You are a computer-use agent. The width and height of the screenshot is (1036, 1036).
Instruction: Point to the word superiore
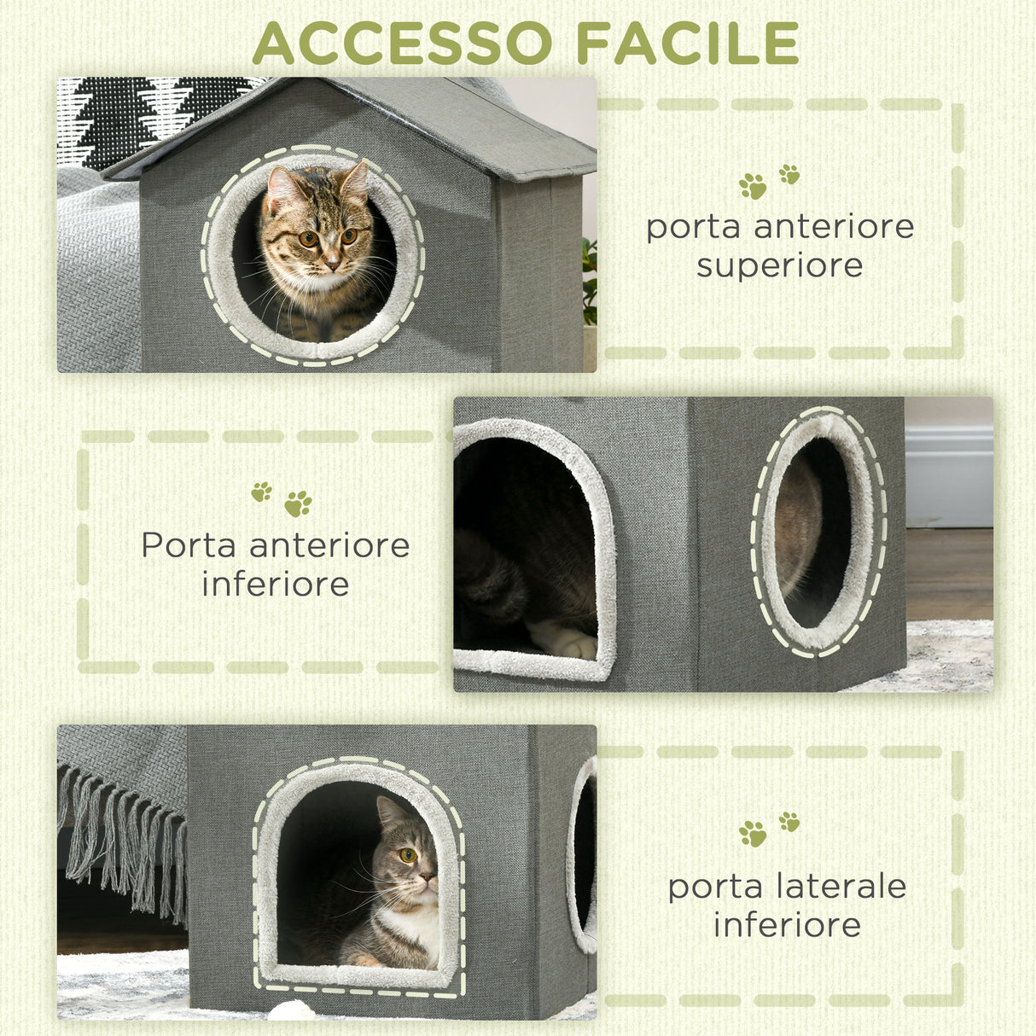click(779, 265)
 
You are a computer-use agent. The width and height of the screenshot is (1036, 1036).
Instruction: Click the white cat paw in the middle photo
click(563, 639)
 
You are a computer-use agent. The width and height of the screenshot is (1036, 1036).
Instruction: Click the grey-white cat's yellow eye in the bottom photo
click(408, 854)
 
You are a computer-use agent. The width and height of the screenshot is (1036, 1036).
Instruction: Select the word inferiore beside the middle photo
click(275, 585)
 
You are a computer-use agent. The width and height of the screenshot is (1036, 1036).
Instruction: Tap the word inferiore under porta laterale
click(787, 925)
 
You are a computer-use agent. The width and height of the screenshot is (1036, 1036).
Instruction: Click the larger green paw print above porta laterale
click(753, 834)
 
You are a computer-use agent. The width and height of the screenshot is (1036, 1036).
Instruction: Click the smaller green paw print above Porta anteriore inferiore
click(261, 492)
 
